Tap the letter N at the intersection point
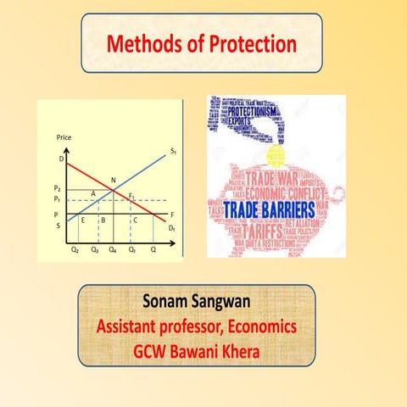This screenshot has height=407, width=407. tap(114, 179)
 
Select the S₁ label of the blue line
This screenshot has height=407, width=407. tap(172, 151)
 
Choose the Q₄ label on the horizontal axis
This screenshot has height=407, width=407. tap(113, 252)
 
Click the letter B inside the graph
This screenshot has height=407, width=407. tap(103, 220)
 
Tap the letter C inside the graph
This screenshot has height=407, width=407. tap(136, 220)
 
